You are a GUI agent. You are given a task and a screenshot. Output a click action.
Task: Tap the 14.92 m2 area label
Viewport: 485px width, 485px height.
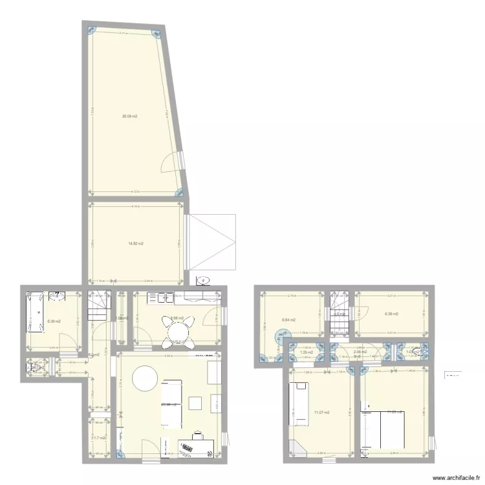point(136,244)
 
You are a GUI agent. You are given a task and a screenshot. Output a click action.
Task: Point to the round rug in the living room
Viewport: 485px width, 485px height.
point(145,378)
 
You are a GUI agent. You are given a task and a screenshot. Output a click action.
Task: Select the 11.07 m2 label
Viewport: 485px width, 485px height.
point(321,412)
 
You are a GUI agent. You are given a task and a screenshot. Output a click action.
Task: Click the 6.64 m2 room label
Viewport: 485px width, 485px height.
point(288,319)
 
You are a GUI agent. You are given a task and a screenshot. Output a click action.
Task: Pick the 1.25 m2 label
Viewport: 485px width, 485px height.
point(307,352)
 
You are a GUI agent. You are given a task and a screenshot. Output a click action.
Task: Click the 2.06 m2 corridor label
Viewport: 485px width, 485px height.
point(360,352)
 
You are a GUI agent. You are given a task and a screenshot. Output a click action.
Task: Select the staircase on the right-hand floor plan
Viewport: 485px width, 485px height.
point(338,313)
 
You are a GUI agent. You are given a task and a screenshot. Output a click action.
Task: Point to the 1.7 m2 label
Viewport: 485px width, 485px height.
point(99,438)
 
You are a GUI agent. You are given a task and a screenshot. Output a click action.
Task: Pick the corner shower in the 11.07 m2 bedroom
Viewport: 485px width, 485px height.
point(297,447)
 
